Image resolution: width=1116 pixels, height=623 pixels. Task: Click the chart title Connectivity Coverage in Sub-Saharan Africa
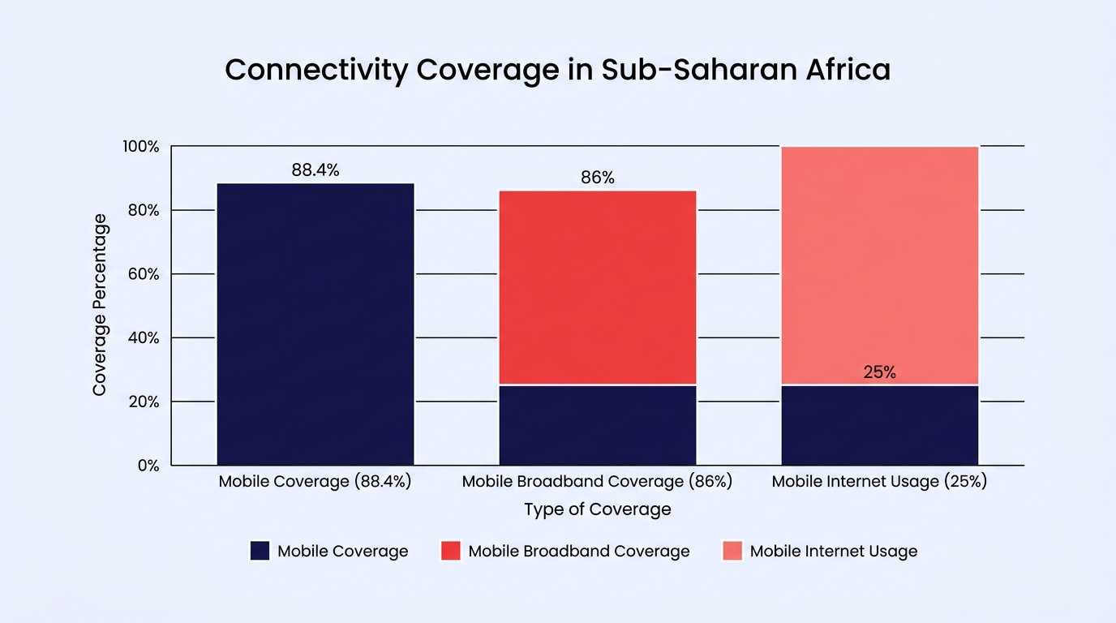coord(557,70)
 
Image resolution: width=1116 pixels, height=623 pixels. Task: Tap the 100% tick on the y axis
coord(141,147)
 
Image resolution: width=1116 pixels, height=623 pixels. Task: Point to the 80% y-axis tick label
coord(144,210)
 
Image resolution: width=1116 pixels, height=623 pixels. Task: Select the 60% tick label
coord(144,274)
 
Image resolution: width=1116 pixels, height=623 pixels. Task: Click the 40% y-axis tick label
coord(144,338)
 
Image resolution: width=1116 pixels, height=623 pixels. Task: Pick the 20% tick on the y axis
coord(144,402)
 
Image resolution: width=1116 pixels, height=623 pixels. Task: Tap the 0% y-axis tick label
coord(148,466)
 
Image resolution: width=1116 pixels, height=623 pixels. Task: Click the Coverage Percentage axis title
coord(100,305)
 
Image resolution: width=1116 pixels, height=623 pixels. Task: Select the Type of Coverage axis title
coord(598,509)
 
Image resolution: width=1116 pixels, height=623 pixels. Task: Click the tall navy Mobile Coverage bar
coord(315,324)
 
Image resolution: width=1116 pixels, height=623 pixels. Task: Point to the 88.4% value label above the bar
coord(315,170)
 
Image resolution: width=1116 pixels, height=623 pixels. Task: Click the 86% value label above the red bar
coord(598,178)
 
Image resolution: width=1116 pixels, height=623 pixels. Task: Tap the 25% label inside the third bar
coord(879,372)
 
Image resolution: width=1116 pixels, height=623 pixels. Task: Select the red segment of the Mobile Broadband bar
coord(598,288)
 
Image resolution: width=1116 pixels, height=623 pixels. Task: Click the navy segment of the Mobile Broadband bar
coord(598,425)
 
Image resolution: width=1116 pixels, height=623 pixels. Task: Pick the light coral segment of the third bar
coord(879,265)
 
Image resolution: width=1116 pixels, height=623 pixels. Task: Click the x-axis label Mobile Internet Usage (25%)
coord(879,482)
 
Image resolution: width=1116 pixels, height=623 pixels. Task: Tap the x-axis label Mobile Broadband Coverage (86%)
coord(598,482)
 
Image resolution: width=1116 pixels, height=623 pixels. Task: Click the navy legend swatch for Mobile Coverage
coord(260,551)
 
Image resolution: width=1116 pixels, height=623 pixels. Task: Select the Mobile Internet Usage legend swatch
coord(732,551)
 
